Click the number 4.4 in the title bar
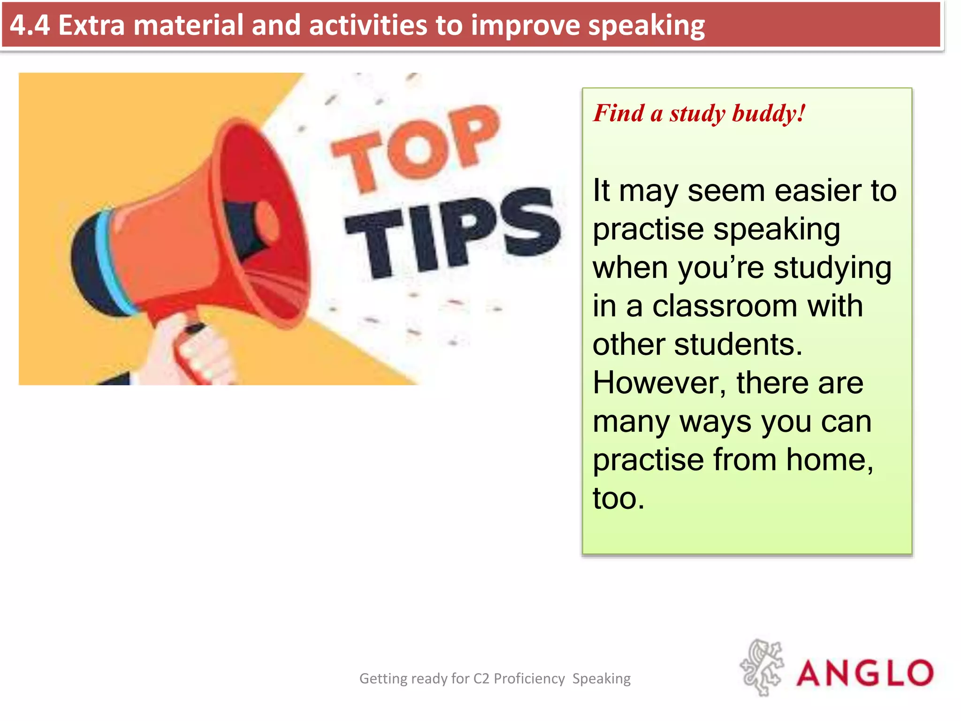(x=30, y=25)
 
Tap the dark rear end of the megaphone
(x=89, y=268)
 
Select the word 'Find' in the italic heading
(x=618, y=113)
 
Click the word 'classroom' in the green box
(x=725, y=307)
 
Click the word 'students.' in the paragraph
(x=738, y=345)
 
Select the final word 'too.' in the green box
(x=618, y=499)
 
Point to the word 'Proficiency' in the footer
(x=529, y=679)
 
